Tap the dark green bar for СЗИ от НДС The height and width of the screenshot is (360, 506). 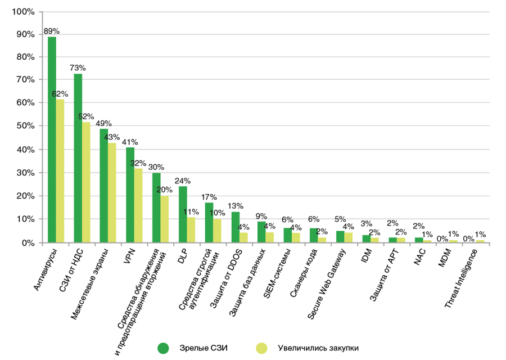pyautogui.click(x=78, y=158)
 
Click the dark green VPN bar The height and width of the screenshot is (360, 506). pyautogui.click(x=130, y=195)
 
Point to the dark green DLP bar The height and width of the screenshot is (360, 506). pyautogui.click(x=183, y=214)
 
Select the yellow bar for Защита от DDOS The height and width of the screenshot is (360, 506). pyautogui.click(x=243, y=237)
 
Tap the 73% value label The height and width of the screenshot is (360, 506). pyautogui.click(x=78, y=67)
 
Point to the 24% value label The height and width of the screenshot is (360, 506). pyautogui.click(x=183, y=181)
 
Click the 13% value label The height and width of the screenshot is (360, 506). pyautogui.click(x=236, y=206)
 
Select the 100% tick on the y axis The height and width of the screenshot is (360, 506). pyautogui.click(x=23, y=11)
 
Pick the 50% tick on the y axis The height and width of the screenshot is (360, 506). pyautogui.click(x=25, y=127)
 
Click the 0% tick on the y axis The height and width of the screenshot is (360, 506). pyautogui.click(x=27, y=242)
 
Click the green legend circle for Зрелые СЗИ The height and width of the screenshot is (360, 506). pyautogui.click(x=164, y=347)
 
